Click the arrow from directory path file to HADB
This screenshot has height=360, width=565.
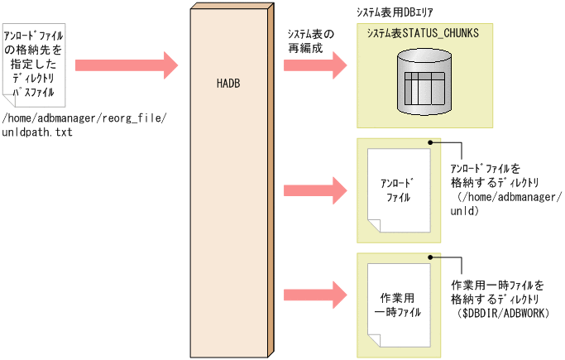127,64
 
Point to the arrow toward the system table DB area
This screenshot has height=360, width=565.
315,64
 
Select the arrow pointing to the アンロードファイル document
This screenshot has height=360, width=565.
315,190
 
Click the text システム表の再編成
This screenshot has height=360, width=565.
310,41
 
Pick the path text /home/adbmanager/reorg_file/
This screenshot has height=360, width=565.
85,118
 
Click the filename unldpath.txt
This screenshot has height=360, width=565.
38,132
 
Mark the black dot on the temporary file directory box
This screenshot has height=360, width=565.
431,258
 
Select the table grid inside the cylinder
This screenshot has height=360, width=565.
424,86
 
